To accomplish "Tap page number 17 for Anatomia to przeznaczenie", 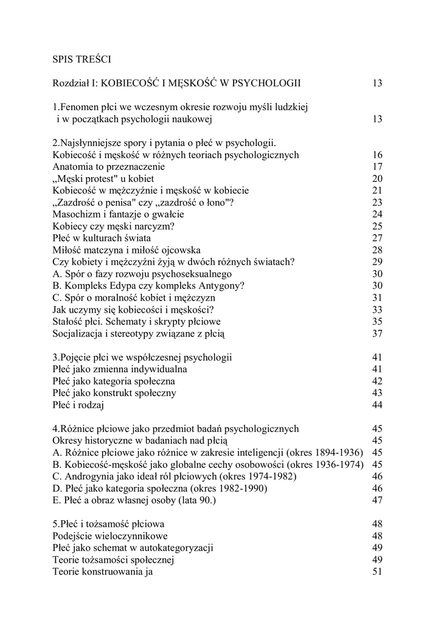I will [x=377, y=167].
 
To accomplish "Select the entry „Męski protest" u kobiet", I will [x=103, y=178].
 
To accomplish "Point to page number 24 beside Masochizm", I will [x=377, y=214].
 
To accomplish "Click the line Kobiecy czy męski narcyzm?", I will [x=114, y=226].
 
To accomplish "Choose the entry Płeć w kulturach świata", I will [x=102, y=238].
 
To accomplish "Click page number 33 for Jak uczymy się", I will [x=377, y=309].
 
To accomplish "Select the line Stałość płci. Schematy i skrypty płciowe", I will [x=137, y=321].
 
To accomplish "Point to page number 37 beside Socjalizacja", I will [x=377, y=333].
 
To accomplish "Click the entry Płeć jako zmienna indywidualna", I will [x=120, y=369].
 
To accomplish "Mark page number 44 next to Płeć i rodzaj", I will [x=377, y=405].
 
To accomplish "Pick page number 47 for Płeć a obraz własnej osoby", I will [x=377, y=499].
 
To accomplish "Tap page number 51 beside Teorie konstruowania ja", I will [x=377, y=571].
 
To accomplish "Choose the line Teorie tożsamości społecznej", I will [x=114, y=559].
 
